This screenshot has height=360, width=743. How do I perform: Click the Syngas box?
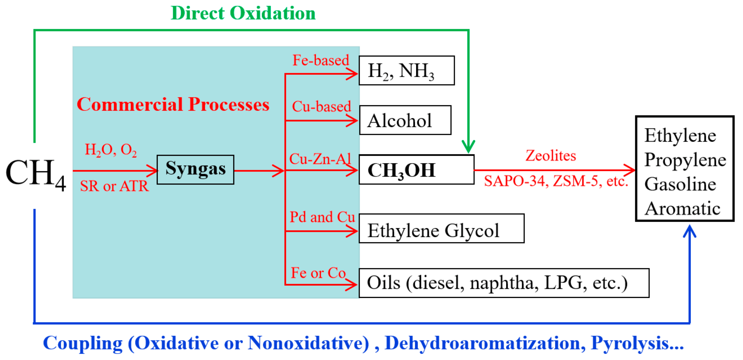click(x=195, y=170)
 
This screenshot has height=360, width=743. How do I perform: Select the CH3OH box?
click(x=416, y=170)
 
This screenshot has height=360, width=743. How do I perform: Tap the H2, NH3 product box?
click(x=407, y=71)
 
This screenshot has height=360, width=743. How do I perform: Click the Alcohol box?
click(x=405, y=120)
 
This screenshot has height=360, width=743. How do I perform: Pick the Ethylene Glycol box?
click(x=441, y=228)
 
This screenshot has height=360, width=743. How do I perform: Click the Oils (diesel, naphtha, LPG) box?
click(x=504, y=283)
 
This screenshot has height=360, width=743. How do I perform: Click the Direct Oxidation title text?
click(x=243, y=13)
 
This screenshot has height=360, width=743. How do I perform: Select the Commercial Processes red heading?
click(x=173, y=104)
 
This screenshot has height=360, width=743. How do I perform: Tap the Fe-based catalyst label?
click(x=321, y=60)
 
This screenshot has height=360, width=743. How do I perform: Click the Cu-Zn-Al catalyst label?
click(x=320, y=159)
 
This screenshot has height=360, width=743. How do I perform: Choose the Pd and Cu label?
click(x=322, y=217)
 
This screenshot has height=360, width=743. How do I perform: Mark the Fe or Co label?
click(x=318, y=273)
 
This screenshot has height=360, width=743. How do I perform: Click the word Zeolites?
click(x=550, y=156)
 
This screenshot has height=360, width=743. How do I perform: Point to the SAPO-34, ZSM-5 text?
click(x=556, y=181)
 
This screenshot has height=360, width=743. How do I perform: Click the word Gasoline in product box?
click(x=680, y=184)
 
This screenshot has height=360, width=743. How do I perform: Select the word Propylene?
click(x=685, y=160)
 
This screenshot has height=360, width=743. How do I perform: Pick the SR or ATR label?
click(x=114, y=186)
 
